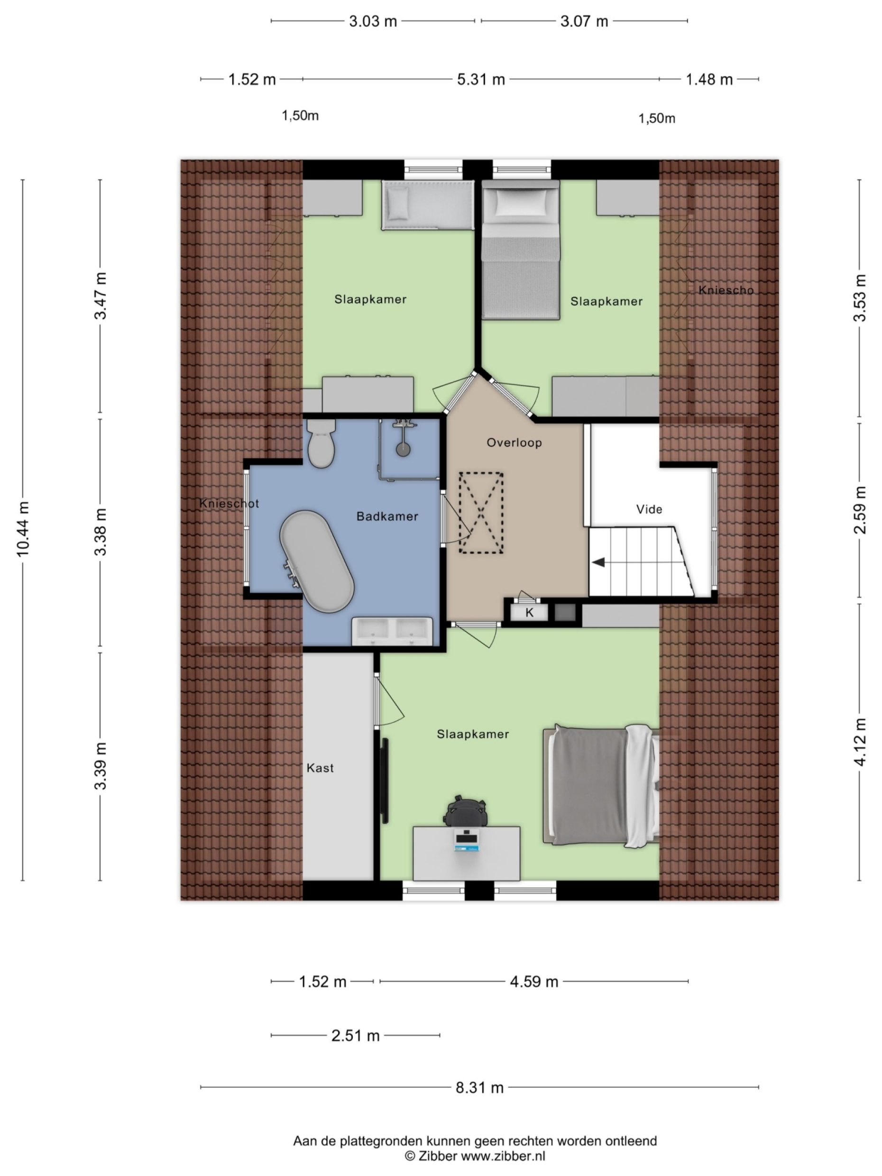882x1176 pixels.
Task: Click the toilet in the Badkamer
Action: pyautogui.click(x=321, y=443)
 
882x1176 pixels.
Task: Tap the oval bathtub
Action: pyautogui.click(x=317, y=561)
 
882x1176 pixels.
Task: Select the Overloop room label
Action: pyautogui.click(x=514, y=442)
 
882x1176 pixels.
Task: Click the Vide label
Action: pyautogui.click(x=649, y=509)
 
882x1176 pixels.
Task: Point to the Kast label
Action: pyautogui.click(x=320, y=768)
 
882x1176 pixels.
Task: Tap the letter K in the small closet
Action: pyautogui.click(x=530, y=613)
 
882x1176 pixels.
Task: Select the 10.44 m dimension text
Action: pyautogui.click(x=23, y=529)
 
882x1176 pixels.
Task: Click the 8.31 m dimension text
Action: pyautogui.click(x=479, y=1087)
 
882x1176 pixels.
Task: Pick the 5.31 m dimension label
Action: pyautogui.click(x=481, y=79)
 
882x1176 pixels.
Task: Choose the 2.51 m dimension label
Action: pyautogui.click(x=356, y=1035)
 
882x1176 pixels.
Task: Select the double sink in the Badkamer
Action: pyautogui.click(x=392, y=631)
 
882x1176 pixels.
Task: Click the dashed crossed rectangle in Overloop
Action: pyautogui.click(x=481, y=513)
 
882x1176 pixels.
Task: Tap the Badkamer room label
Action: pyautogui.click(x=387, y=516)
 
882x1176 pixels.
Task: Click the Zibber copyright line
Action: pyautogui.click(x=475, y=1155)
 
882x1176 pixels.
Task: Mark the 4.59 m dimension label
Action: pyautogui.click(x=534, y=982)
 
